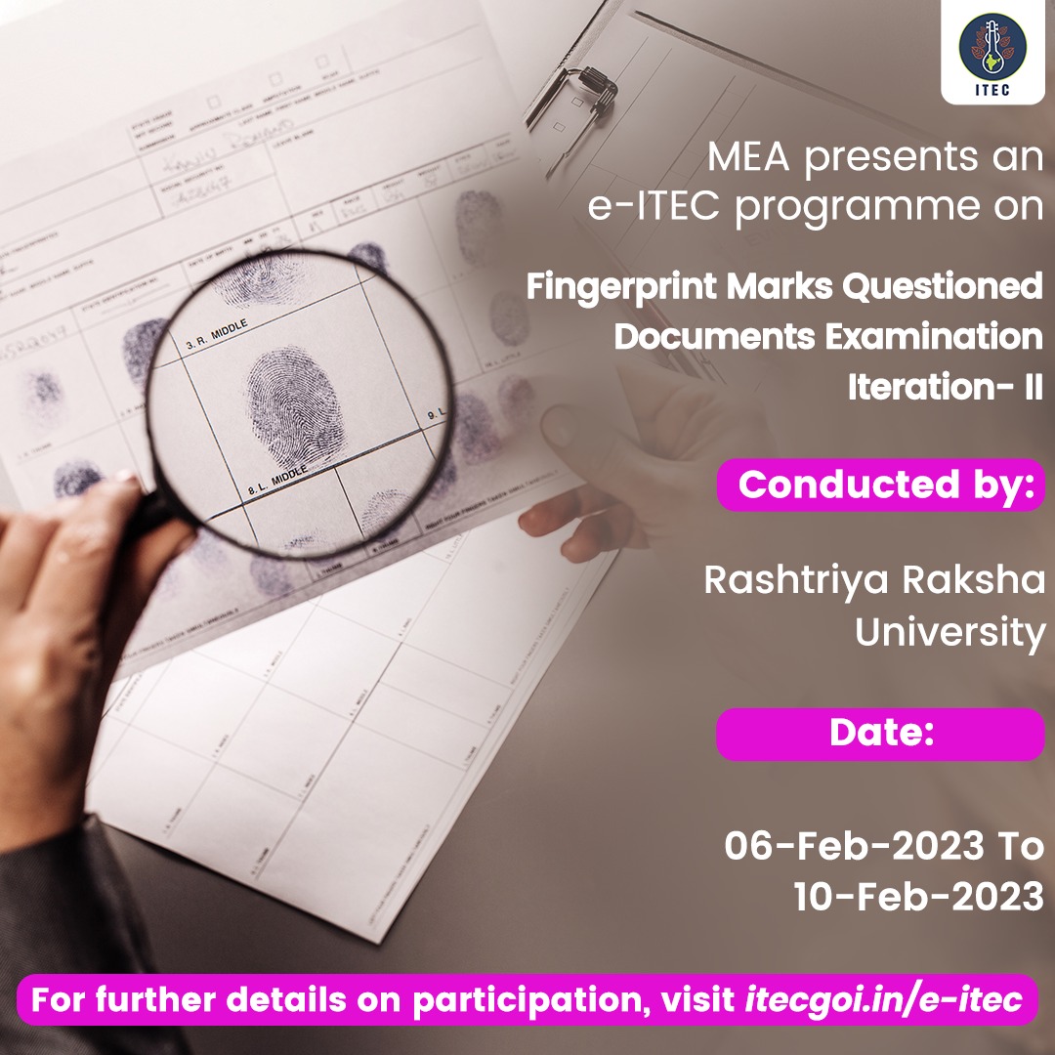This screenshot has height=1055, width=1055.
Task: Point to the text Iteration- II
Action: pos(945,384)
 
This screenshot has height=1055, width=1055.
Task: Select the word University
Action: pos(949,632)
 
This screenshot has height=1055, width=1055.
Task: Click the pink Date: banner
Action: pos(880,734)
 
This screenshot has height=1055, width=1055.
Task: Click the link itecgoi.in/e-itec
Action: pos(884,1001)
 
